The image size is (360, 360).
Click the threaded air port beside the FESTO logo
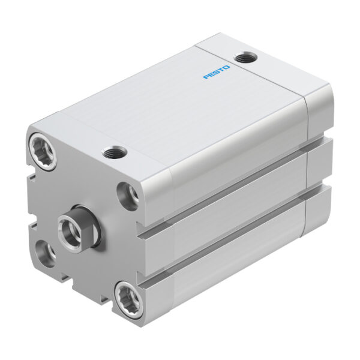pos(244,58)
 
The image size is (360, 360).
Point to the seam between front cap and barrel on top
pos(90,120)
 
